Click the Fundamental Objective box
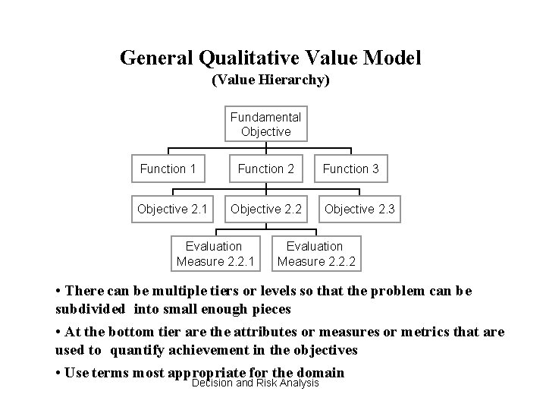pyautogui.click(x=265, y=124)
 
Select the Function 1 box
pyautogui.click(x=168, y=169)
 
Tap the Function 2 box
pyautogui.click(x=265, y=169)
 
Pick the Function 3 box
pyautogui.click(x=350, y=169)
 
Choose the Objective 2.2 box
pyautogui.click(x=265, y=210)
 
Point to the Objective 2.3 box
pyautogui.click(x=359, y=210)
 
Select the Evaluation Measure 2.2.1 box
pyautogui.click(x=214, y=254)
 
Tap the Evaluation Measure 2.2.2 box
pyautogui.click(x=315, y=254)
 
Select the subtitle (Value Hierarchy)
pyautogui.click(x=271, y=79)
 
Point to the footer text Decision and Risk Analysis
pyautogui.click(x=256, y=382)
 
